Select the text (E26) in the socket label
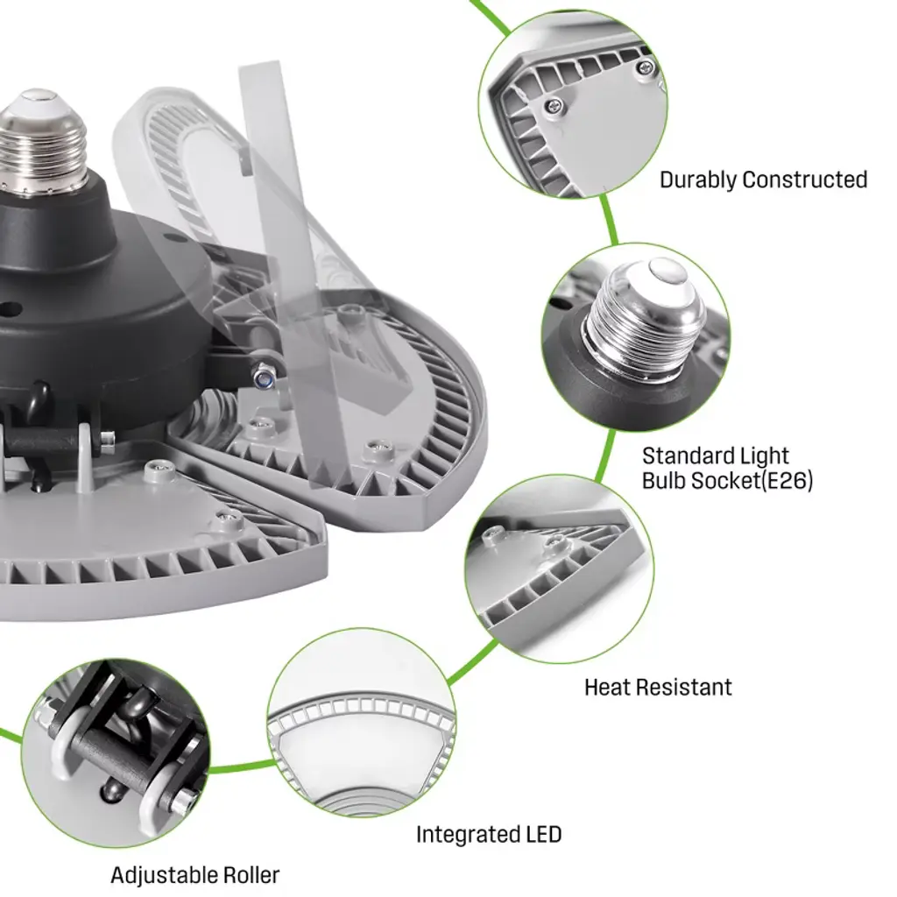787,481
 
